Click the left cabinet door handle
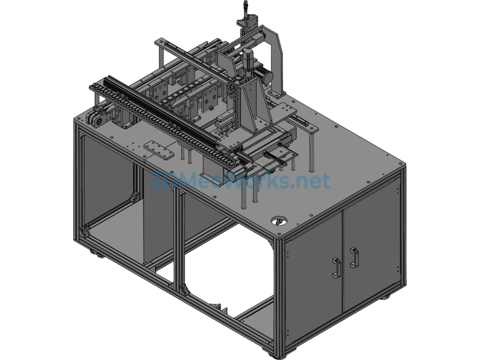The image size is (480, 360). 336,268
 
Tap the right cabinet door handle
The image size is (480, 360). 354,257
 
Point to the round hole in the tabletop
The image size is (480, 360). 279,221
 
